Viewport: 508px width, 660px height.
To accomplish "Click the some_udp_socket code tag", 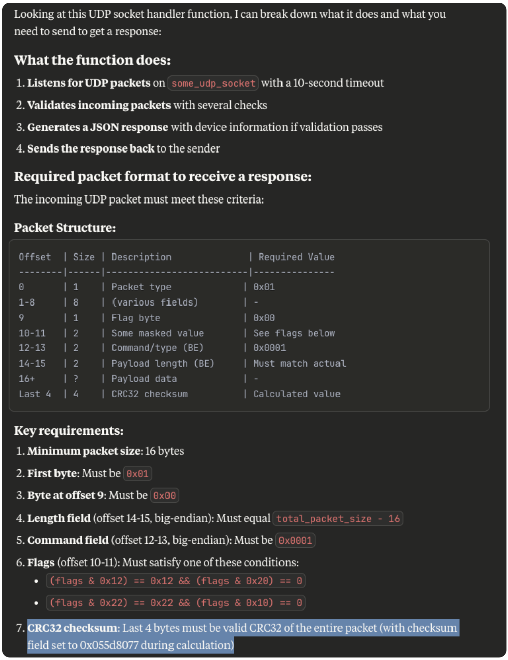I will [x=213, y=83].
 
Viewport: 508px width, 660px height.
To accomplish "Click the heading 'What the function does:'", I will [x=92, y=60].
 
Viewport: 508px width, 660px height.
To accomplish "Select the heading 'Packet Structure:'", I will [x=65, y=228].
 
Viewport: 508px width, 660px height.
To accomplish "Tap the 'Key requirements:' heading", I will [x=69, y=431].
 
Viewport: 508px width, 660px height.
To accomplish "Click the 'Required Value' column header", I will [x=297, y=257].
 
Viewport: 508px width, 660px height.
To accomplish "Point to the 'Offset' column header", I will [x=35, y=257].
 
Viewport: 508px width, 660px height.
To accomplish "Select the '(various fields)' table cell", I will [x=155, y=302].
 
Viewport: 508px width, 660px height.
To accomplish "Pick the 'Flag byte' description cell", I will [x=136, y=318].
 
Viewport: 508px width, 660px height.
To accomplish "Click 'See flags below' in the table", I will [x=294, y=333].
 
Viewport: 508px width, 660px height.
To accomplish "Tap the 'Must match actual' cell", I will [x=299, y=364].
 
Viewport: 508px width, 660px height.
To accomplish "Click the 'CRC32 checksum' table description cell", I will [x=149, y=394].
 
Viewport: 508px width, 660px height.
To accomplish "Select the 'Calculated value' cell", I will [x=297, y=394].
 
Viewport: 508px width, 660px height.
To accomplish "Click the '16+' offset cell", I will [x=27, y=379].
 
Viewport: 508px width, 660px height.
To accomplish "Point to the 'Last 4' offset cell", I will [x=35, y=394].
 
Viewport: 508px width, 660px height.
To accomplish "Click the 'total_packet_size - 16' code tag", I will [x=338, y=519].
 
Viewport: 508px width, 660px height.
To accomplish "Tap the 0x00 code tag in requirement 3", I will [x=164, y=496].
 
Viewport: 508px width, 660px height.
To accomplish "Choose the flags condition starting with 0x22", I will [x=176, y=603].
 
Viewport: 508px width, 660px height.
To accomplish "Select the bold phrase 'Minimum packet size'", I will [x=84, y=451].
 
